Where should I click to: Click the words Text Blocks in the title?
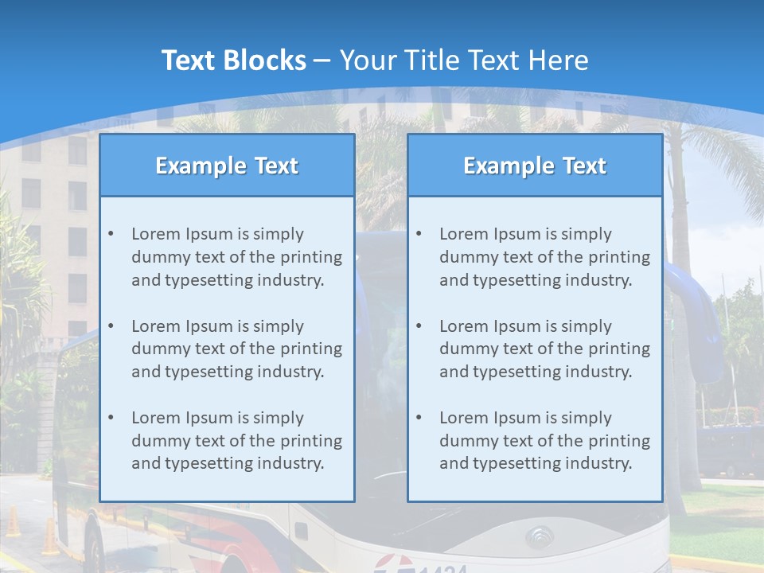click(233, 60)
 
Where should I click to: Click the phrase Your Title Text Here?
click(464, 60)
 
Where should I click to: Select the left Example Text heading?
click(227, 166)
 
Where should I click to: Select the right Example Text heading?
click(535, 166)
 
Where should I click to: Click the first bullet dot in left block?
click(111, 234)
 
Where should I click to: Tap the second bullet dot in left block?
click(111, 326)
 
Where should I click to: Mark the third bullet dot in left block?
click(111, 418)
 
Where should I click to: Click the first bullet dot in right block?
click(419, 234)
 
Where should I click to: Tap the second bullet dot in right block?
click(419, 326)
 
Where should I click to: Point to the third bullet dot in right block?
click(419, 418)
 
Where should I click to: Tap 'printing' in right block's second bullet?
click(620, 349)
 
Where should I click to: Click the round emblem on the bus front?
click(540, 537)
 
